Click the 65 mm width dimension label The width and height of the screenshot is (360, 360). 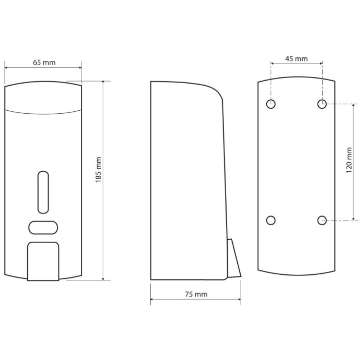tap(44, 62)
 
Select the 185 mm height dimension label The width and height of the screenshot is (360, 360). tap(98, 170)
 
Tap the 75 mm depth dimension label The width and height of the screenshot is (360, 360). tap(196, 294)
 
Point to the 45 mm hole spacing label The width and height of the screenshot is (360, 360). tap(296, 59)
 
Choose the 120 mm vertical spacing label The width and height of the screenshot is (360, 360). tap(349, 160)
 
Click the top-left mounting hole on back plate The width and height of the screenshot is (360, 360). tap(271, 104)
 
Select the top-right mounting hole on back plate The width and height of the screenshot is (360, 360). tap(322, 104)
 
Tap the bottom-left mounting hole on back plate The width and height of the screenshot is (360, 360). tap(271, 221)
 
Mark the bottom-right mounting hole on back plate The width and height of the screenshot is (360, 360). tap(322, 221)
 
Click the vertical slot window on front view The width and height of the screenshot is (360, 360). tap(43, 192)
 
